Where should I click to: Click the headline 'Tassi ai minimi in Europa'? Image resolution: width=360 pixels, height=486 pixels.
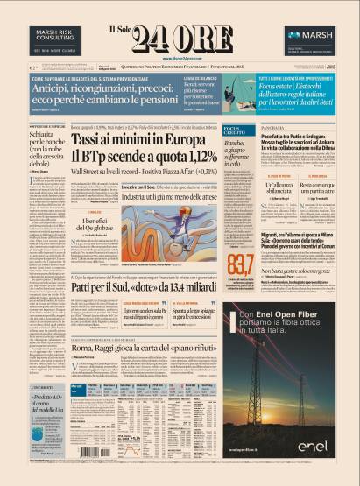click(x=140, y=139)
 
